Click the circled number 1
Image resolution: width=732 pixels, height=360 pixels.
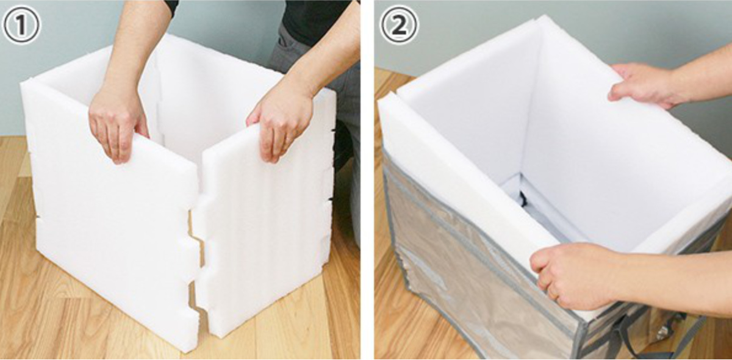coord(21,25)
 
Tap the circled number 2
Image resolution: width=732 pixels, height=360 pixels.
coord(398,25)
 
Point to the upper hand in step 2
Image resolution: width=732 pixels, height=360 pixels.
coord(640,85)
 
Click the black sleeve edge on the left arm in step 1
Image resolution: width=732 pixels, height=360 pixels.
coord(171,7)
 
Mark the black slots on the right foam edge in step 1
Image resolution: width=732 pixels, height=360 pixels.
coord(332,164)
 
